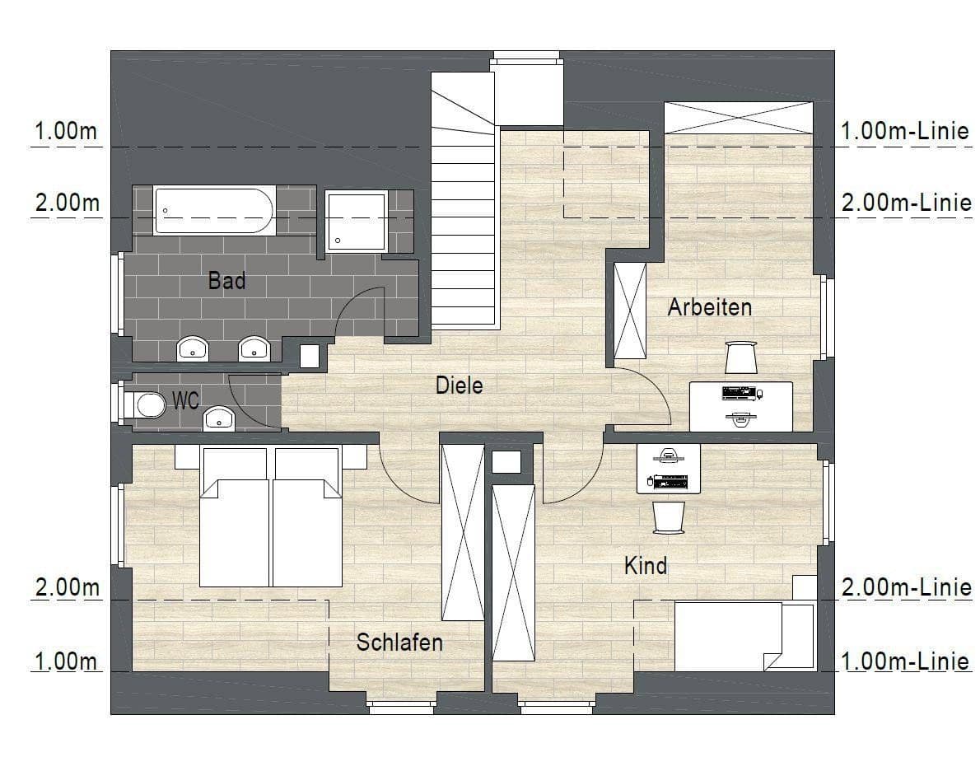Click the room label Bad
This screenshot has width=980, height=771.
click(x=226, y=281)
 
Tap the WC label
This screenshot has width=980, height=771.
click(x=185, y=402)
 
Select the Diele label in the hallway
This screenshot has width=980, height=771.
click(x=460, y=385)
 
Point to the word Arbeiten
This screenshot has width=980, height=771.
click(x=709, y=307)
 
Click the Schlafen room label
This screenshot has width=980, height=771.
click(x=399, y=642)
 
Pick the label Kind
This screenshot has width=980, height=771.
click(x=645, y=566)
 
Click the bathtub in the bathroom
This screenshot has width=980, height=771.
click(x=214, y=211)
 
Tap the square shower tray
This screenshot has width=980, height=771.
click(x=356, y=221)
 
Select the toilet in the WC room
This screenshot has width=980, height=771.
click(x=146, y=404)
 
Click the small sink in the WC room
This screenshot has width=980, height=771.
click(x=219, y=418)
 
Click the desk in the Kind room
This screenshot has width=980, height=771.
click(x=669, y=468)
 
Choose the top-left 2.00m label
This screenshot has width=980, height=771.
click(x=66, y=203)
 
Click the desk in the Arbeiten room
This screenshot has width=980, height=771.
click(x=740, y=406)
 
